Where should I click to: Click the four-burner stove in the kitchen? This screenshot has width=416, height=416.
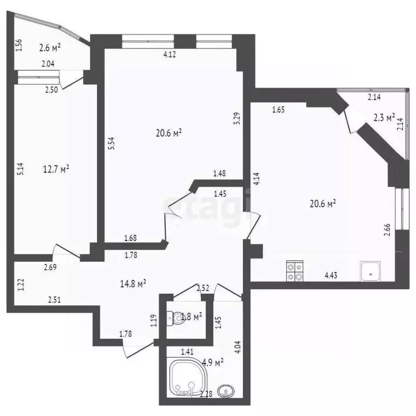pos(295,271)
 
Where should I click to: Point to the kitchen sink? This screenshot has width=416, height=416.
pos(370,270)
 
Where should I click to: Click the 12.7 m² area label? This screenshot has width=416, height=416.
pos(56,170)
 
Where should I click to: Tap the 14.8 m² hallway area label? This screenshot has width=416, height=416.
pos(133,283)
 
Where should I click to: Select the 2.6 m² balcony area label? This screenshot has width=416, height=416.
pos(49,48)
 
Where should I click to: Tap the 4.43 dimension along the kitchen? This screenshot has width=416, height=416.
pos(332,275)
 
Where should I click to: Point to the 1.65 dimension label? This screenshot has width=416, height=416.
pos(278,109)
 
